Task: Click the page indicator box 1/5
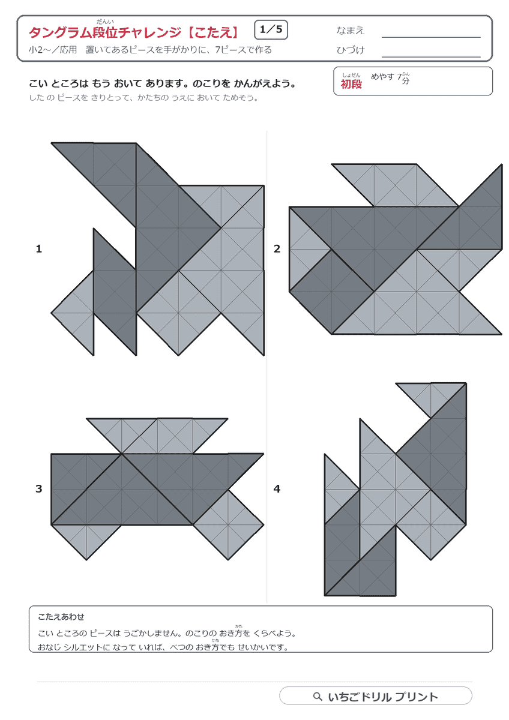[271, 30]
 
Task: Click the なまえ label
[350, 31]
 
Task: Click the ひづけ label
[350, 50]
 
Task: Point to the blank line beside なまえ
[431, 37]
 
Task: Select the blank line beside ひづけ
[431, 57]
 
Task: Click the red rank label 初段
[351, 84]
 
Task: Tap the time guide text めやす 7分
[390, 77]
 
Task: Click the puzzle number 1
[39, 249]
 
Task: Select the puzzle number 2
[277, 249]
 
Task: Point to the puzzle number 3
[39, 489]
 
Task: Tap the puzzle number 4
[277, 489]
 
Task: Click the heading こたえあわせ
[61, 617]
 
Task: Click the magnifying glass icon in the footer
[318, 697]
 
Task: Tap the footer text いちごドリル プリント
[383, 697]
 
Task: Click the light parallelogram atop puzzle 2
[395, 185]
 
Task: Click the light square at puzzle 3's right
[228, 524]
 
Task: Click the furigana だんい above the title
[105, 22]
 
